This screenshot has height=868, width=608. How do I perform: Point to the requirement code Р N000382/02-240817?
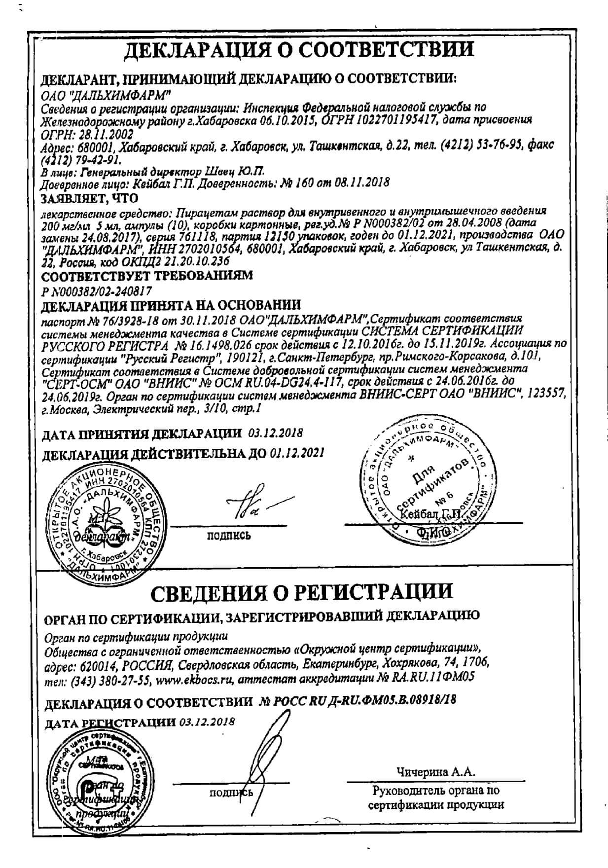point(97,291)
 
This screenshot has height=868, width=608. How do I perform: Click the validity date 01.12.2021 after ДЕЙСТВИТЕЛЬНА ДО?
point(297,452)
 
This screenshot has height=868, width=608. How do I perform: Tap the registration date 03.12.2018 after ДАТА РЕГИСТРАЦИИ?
point(207,722)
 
